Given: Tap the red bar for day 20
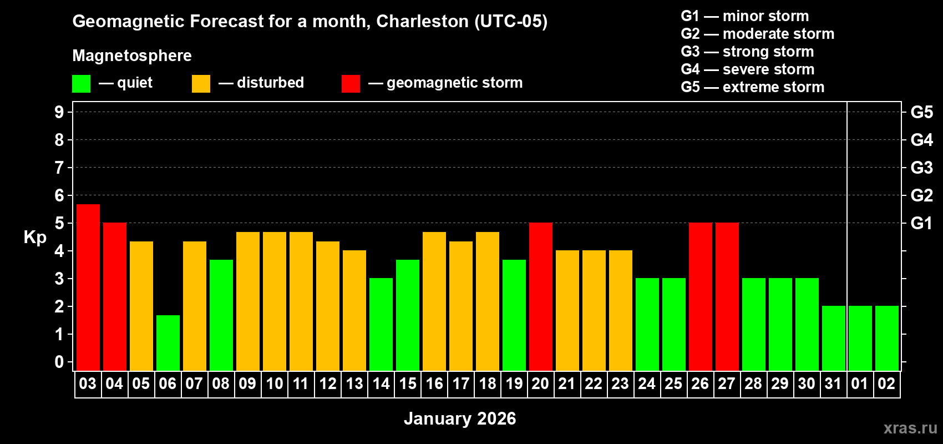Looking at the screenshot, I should [x=541, y=296].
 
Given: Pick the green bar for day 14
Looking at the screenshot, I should [x=381, y=324].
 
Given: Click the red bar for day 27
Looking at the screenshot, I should [x=727, y=296].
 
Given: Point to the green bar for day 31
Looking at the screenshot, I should [x=834, y=338].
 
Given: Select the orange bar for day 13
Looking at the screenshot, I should [x=354, y=310].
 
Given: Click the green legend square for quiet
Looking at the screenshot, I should [x=81, y=84].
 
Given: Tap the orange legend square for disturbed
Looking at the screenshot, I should [x=201, y=84].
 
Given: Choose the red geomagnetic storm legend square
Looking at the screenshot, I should [x=351, y=84].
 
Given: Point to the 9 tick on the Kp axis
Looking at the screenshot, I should [x=59, y=112].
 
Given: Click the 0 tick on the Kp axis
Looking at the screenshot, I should [x=59, y=362].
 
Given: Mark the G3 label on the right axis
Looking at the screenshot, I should [x=921, y=168].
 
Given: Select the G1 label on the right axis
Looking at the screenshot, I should [x=921, y=223].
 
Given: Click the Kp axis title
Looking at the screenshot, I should [x=35, y=238].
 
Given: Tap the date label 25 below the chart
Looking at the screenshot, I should [x=673, y=384].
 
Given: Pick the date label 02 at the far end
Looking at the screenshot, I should [x=886, y=384].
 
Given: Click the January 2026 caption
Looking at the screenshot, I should [x=460, y=418].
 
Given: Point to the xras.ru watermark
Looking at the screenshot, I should [x=910, y=428].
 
